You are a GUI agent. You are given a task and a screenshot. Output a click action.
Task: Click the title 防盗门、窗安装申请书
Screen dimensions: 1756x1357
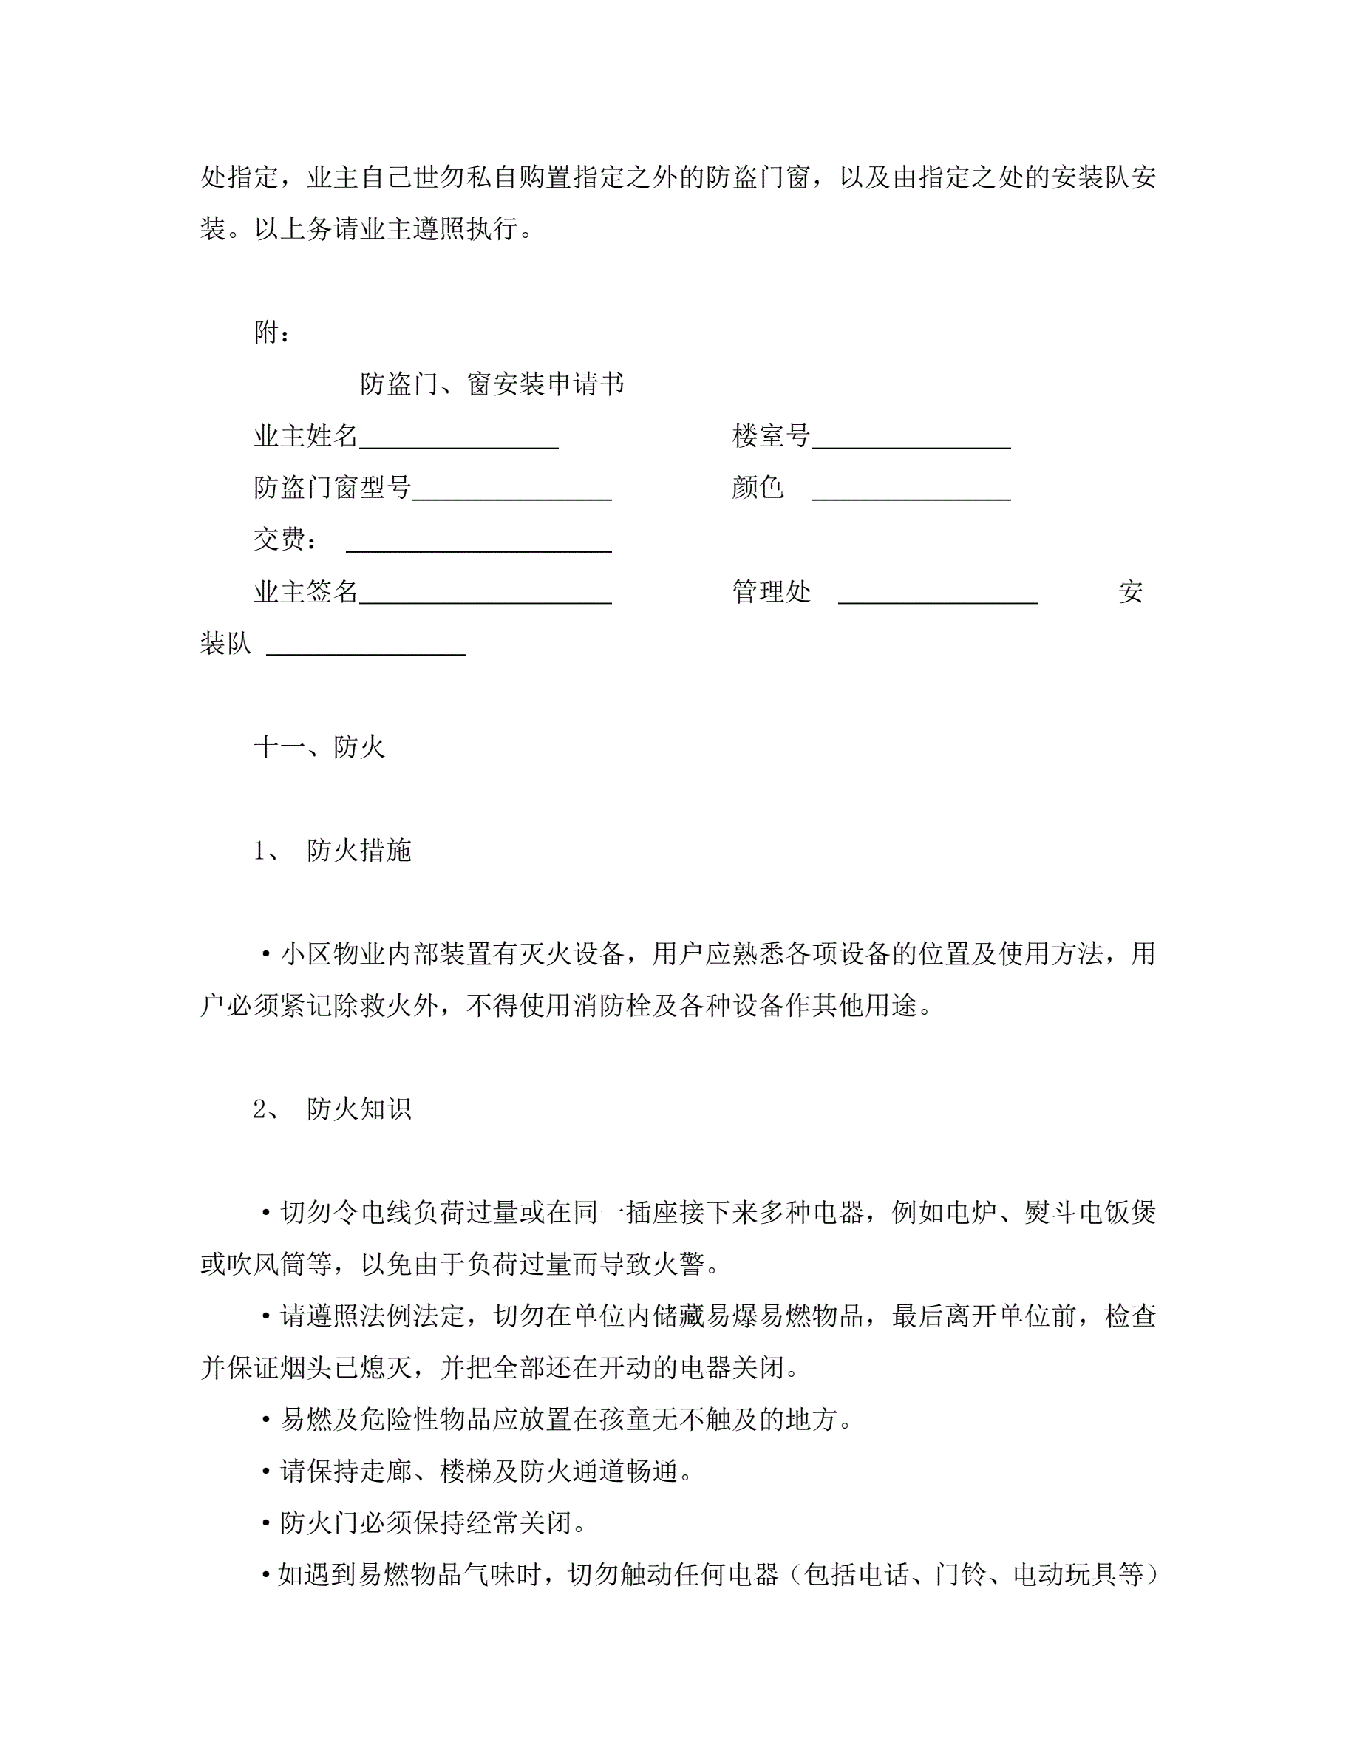point(492,384)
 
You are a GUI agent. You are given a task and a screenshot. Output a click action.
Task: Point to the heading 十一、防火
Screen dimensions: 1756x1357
point(319,748)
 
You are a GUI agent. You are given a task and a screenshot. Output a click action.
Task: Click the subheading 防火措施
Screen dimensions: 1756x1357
point(358,851)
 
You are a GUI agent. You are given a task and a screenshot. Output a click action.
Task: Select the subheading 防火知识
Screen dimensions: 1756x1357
point(358,1109)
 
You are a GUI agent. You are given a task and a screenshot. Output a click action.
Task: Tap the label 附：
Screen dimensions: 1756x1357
point(272,333)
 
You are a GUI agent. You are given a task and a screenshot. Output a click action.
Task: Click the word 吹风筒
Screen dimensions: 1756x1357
point(279,1265)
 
